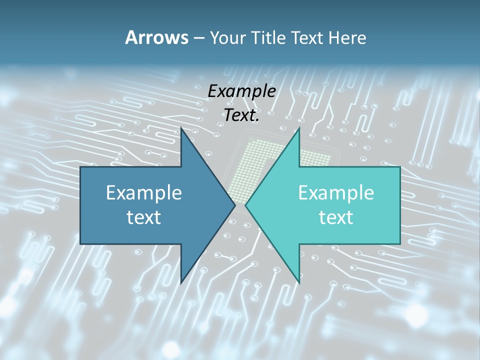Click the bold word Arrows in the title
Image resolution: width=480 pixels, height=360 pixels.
tap(156, 37)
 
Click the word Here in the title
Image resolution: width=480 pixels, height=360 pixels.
tap(347, 37)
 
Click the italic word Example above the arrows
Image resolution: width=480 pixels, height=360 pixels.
tap(241, 91)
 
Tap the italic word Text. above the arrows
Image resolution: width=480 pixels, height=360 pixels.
tap(241, 115)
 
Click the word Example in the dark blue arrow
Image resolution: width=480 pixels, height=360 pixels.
tap(144, 192)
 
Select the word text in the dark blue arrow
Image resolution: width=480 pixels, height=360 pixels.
tap(144, 217)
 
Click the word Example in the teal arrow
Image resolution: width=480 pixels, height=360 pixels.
tap(336, 192)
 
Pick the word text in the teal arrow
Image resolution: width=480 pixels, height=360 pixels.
tap(336, 217)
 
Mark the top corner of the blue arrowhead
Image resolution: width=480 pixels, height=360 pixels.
tap(181, 128)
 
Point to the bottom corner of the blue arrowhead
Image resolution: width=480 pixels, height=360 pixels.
tap(181, 282)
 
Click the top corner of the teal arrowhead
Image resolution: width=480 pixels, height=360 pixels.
tap(299, 128)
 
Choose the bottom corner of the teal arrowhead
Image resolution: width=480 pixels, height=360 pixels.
tap(299, 282)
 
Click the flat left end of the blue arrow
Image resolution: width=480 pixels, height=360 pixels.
tap(81, 205)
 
